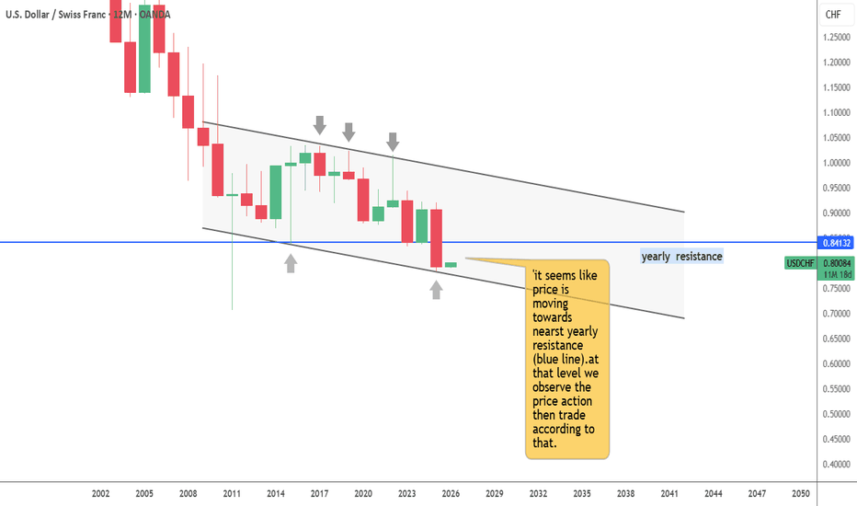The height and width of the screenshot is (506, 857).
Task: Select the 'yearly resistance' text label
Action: [681, 256]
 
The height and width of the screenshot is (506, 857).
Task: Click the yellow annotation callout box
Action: [566, 359]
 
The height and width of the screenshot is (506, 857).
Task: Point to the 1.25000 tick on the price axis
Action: [835, 38]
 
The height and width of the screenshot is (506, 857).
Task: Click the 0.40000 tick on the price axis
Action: [835, 465]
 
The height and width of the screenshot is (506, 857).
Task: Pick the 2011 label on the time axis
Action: [232, 494]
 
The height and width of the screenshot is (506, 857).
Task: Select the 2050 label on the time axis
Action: [801, 494]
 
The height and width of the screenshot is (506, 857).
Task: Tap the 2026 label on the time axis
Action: [451, 494]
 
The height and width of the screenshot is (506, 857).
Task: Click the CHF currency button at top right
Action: [833, 14]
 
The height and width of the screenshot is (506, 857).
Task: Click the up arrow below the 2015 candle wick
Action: [291, 263]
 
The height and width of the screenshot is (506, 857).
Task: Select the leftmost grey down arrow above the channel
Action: [320, 125]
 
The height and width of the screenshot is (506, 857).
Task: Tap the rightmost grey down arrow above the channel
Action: [393, 141]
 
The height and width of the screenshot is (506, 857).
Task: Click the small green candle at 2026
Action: [451, 265]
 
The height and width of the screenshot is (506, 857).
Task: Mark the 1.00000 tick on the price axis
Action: [835, 164]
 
